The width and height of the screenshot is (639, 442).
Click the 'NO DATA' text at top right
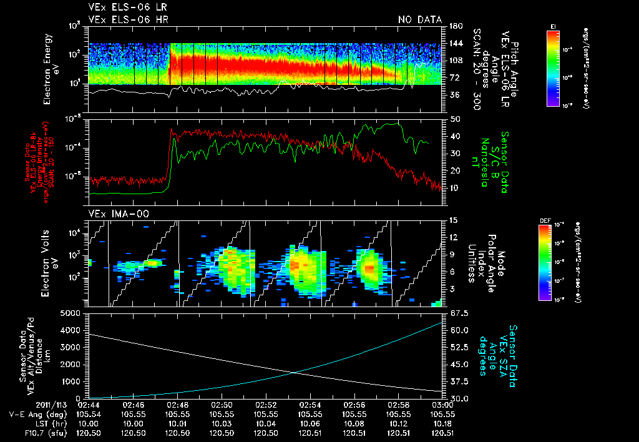[419, 20]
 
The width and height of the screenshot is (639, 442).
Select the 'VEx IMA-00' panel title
[113, 214]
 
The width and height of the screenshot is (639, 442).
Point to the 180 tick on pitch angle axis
[455, 26]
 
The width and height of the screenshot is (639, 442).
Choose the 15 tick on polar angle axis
[453, 220]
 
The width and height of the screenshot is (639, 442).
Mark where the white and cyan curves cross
[295, 373]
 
